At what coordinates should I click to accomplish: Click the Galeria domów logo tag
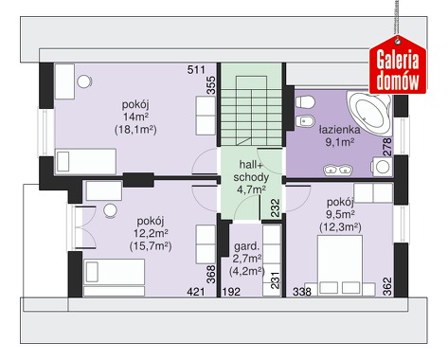click(x=398, y=66)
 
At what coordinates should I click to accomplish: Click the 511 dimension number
click(x=196, y=69)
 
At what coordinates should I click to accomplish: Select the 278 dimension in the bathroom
click(x=387, y=147)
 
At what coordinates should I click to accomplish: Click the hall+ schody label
click(x=251, y=171)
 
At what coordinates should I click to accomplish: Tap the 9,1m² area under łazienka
click(x=340, y=142)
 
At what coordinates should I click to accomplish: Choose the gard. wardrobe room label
click(x=247, y=246)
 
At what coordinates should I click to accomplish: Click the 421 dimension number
click(x=196, y=292)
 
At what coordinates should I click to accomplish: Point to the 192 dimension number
click(x=231, y=292)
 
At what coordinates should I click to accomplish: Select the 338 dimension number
click(x=302, y=292)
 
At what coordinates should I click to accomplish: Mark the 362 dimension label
click(x=387, y=286)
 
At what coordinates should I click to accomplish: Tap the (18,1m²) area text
click(x=135, y=130)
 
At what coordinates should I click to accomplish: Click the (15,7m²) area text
click(x=151, y=246)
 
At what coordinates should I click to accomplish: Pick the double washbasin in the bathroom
click(x=338, y=170)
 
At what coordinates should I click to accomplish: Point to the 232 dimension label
click(x=276, y=207)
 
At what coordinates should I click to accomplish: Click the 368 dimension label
click(x=210, y=274)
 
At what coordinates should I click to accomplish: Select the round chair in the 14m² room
click(x=84, y=81)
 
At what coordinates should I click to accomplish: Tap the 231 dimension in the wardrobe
click(x=276, y=280)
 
